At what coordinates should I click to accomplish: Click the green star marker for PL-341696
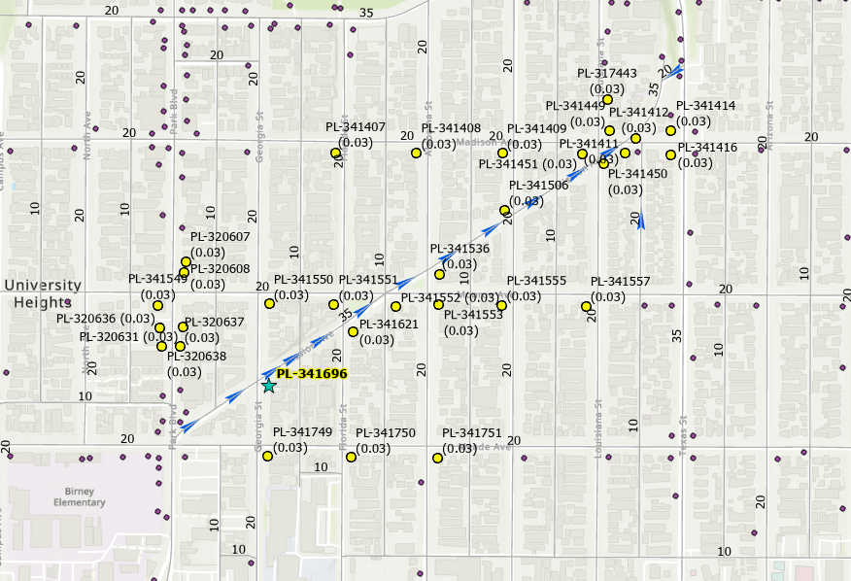pyautogui.click(x=269, y=386)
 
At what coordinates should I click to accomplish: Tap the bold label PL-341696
pyautogui.click(x=311, y=373)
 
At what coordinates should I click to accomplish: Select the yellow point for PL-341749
pyautogui.click(x=267, y=456)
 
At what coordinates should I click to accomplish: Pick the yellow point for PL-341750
pyautogui.click(x=351, y=457)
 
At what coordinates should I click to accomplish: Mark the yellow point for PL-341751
pyautogui.click(x=437, y=458)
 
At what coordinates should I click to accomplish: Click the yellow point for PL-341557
pyautogui.click(x=587, y=307)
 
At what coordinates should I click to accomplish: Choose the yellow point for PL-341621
pyautogui.click(x=353, y=331)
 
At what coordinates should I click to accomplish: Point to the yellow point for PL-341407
pyautogui.click(x=335, y=153)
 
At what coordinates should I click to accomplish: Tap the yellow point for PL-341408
pyautogui.click(x=416, y=153)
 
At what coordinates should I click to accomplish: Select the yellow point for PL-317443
pyautogui.click(x=607, y=99)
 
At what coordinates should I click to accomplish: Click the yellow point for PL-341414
pyautogui.click(x=670, y=130)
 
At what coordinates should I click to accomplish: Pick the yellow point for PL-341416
pyautogui.click(x=670, y=154)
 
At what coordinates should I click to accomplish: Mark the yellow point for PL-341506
pyautogui.click(x=504, y=210)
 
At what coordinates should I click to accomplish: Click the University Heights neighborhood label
pyautogui.click(x=41, y=293)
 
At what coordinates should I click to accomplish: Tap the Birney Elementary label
pyautogui.click(x=80, y=496)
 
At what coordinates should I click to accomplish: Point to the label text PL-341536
pyautogui.click(x=460, y=249)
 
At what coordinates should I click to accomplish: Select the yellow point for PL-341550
pyautogui.click(x=270, y=303)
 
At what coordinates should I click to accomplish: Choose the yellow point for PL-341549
pyautogui.click(x=157, y=305)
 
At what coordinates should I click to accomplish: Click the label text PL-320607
pyautogui.click(x=220, y=237)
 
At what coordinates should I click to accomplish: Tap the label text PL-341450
pyautogui.click(x=637, y=174)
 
